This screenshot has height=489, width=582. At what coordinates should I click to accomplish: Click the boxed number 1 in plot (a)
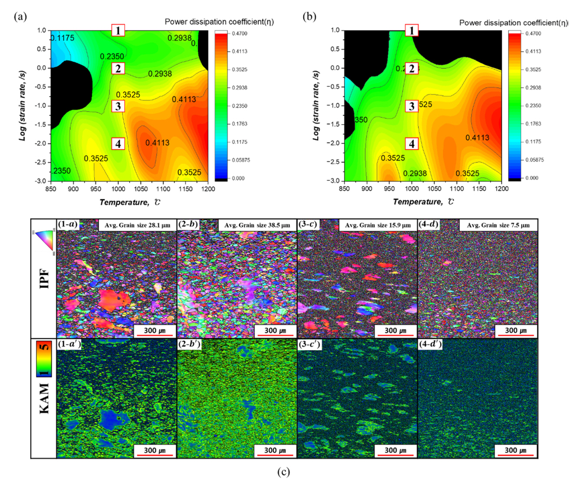118,30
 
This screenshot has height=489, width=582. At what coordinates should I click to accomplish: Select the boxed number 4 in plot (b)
412,144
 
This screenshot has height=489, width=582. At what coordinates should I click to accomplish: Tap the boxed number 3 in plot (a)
118,106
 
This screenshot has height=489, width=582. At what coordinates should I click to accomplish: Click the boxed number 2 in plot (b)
412,69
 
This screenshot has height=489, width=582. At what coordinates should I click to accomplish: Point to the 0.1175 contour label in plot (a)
63,38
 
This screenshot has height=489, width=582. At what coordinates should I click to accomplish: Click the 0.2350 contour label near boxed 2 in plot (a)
112,56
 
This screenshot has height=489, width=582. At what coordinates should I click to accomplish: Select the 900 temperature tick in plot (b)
366,188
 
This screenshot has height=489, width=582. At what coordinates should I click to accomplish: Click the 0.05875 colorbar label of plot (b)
534,160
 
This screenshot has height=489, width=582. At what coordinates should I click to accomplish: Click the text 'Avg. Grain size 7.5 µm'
498,225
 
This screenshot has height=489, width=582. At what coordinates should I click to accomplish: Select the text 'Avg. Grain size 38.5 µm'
257,225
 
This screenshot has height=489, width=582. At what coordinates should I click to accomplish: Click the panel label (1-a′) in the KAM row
70,345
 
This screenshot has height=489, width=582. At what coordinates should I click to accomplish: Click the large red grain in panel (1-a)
114,299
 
